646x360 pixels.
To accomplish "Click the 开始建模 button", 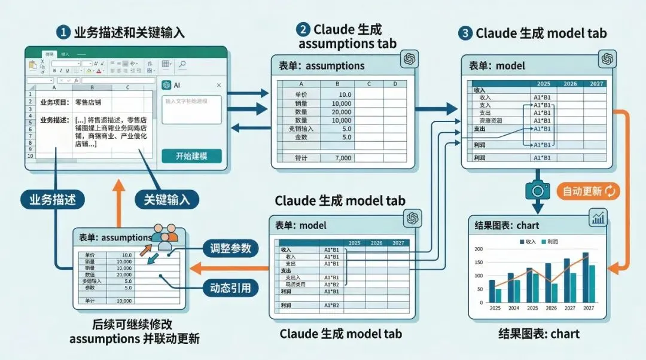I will [x=191, y=157].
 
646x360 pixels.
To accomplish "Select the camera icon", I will [x=537, y=190].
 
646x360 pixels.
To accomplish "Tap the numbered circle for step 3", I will [x=466, y=33].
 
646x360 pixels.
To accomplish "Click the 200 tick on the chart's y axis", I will [x=478, y=249].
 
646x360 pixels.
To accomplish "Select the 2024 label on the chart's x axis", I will [x=514, y=309].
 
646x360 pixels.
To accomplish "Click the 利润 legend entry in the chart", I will [x=553, y=241].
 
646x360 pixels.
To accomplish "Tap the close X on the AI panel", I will [x=218, y=86].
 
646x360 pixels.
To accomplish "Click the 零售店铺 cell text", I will [x=89, y=103].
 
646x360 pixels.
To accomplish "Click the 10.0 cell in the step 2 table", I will [x=345, y=95].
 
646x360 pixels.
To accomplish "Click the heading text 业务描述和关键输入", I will [x=129, y=32].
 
